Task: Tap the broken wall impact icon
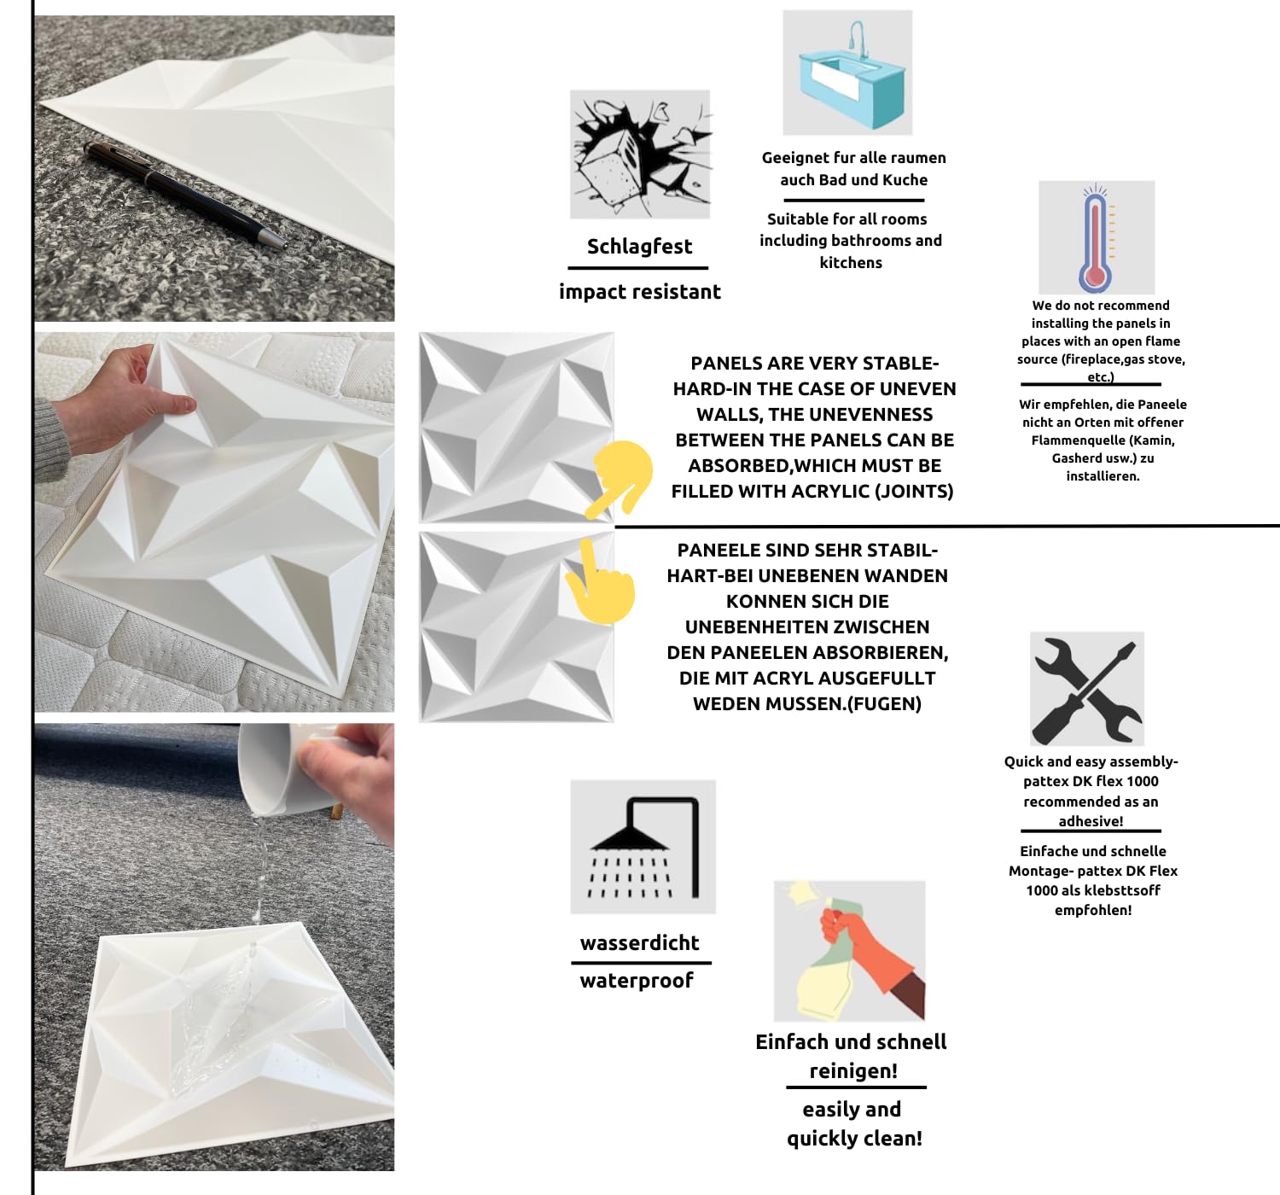click(x=640, y=154)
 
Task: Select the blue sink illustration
click(x=847, y=73)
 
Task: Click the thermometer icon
click(x=1097, y=237)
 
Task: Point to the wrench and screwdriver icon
click(x=1086, y=689)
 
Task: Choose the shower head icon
click(x=643, y=846)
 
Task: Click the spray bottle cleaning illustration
click(x=849, y=951)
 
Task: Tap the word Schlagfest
click(x=639, y=247)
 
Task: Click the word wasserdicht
click(x=639, y=943)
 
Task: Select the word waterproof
click(x=637, y=981)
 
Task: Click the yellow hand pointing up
click(x=600, y=581)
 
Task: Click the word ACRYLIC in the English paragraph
click(x=829, y=492)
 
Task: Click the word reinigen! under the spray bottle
click(x=853, y=1071)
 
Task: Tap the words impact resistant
click(x=639, y=292)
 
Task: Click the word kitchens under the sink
click(x=851, y=263)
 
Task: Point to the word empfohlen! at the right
click(x=1093, y=911)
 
